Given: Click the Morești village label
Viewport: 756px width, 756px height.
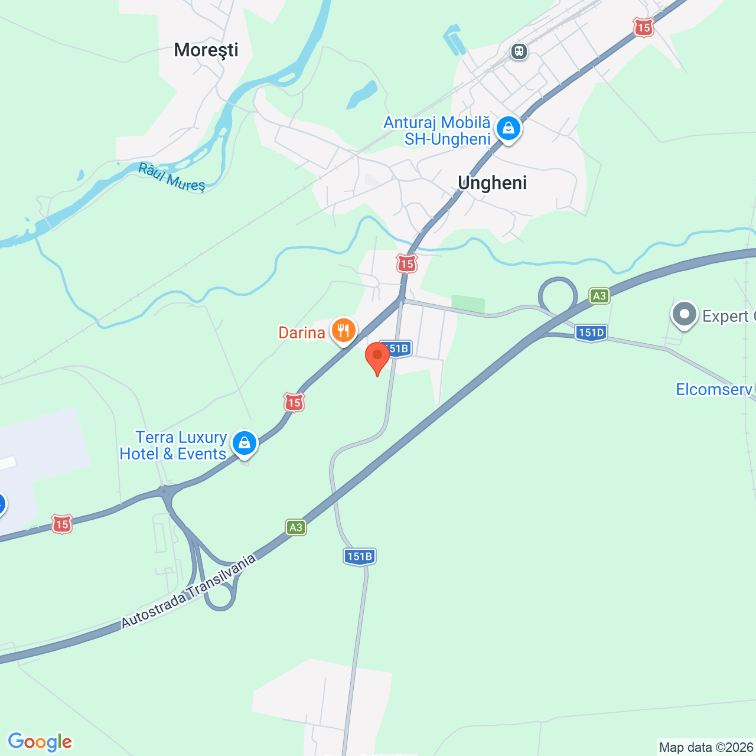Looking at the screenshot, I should [206, 50].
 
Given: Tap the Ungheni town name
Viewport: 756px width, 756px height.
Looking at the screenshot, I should [492, 183].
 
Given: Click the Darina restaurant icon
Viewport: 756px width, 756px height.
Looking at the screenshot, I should [343, 331].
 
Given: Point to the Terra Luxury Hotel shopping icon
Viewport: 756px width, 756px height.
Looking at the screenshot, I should [244, 443].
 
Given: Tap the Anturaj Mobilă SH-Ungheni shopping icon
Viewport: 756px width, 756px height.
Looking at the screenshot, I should [508, 128].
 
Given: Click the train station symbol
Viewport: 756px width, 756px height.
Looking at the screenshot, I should [519, 51].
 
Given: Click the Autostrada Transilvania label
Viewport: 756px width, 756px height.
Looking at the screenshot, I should [189, 591].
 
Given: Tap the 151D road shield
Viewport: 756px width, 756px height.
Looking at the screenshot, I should [591, 333].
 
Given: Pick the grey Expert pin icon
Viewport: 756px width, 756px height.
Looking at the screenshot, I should [685, 314].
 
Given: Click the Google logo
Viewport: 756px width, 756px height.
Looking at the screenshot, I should [40, 742].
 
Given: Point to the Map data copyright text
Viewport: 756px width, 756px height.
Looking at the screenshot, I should [706, 747].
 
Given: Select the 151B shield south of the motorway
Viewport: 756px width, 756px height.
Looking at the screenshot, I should [360, 556].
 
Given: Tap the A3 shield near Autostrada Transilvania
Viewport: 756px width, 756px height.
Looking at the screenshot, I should [296, 527].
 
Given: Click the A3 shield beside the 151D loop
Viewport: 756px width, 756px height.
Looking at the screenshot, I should [599, 296].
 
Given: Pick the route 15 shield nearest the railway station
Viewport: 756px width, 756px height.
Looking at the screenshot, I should [643, 27].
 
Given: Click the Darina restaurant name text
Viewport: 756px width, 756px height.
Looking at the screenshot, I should [302, 333].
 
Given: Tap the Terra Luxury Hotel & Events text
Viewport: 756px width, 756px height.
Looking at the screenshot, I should [173, 445].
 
